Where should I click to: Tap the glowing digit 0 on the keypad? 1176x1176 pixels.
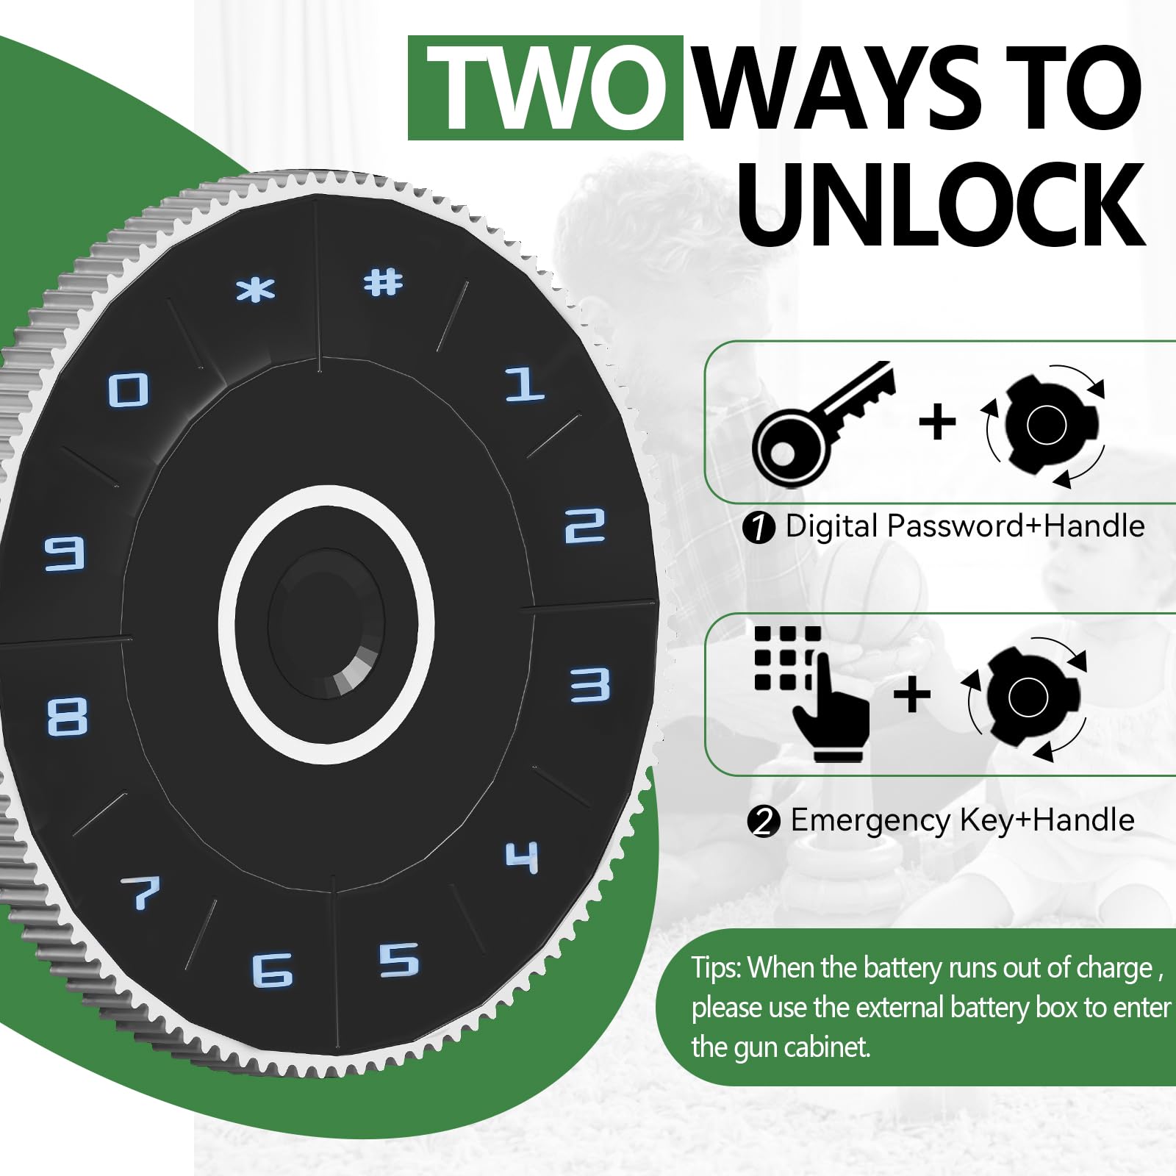pos(129,390)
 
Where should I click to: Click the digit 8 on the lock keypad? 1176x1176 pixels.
pos(67,717)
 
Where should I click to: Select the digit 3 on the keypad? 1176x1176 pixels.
pos(590,685)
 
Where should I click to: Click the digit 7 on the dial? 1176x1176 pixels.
pos(141,892)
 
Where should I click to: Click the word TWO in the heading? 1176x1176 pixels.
pos(545,88)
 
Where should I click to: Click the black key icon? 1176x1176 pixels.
pos(823,424)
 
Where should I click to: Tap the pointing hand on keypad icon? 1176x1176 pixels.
pos(811,693)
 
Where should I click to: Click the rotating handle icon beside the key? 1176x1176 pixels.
pos(1046,426)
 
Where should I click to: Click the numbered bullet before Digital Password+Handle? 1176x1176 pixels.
pos(759,528)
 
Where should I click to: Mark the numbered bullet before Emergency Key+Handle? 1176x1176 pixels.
pos(764,821)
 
